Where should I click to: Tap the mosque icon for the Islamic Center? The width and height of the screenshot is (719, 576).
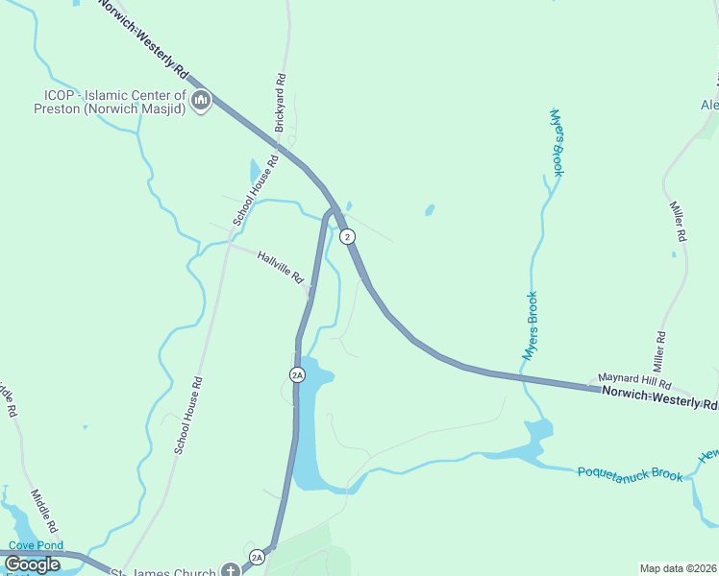click(x=201, y=101)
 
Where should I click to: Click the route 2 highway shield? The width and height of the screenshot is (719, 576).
click(x=348, y=236)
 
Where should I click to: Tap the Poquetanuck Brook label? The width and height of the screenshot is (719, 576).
click(x=630, y=473)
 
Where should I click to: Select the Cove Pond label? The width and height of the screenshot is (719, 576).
click(x=36, y=545)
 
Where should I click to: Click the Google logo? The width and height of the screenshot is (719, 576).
click(x=32, y=564)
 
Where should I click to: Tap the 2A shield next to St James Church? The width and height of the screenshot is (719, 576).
click(x=257, y=556)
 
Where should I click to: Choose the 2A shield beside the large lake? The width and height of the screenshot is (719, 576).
click(x=296, y=373)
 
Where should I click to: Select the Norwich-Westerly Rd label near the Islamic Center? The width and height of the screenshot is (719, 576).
click(x=144, y=38)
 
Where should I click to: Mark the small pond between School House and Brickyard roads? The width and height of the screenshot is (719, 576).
click(x=254, y=172)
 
